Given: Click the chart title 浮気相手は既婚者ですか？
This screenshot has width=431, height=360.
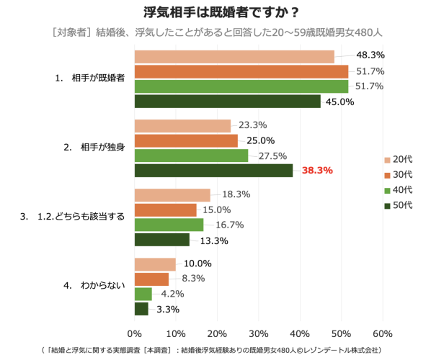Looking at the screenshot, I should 216,12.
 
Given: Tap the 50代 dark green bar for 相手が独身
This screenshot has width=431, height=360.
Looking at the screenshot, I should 213,171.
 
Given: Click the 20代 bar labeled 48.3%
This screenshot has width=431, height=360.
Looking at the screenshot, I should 234,56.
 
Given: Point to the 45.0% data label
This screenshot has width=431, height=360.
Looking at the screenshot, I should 339,102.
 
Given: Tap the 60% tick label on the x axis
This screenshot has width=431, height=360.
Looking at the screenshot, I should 383,334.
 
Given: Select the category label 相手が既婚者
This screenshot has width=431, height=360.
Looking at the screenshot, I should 98,78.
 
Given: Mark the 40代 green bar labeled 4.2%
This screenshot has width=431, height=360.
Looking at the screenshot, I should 143,294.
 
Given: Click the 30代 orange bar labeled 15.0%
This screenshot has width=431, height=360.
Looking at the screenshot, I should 166,210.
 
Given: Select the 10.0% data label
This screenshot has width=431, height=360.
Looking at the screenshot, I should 197,263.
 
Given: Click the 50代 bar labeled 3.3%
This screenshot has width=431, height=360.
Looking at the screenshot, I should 141,309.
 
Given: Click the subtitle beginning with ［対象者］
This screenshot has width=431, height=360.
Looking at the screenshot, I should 216,32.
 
